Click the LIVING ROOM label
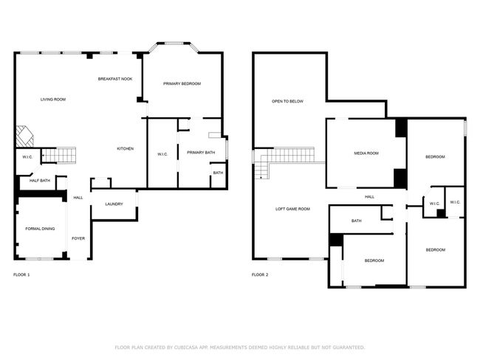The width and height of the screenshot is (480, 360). [53, 99]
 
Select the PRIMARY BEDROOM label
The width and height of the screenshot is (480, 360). [182, 83]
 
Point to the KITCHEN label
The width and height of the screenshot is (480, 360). [126, 149]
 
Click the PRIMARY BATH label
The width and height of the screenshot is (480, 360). [201, 153]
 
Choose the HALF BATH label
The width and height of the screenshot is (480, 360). [40, 181]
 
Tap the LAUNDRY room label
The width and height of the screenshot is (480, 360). [114, 204]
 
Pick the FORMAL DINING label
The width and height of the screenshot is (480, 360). [40, 229]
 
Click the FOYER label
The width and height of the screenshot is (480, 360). [78, 238]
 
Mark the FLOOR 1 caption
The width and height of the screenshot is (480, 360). [22, 274]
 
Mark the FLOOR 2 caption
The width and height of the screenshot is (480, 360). [260, 274]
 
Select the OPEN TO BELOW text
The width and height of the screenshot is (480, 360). [287, 101]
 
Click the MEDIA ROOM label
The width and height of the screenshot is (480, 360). [366, 153]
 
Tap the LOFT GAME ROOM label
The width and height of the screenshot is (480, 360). [292, 210]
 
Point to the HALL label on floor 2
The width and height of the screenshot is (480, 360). [369, 197]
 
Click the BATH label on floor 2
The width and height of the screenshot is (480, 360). [357, 221]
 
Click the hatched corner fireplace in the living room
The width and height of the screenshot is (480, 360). [25, 136]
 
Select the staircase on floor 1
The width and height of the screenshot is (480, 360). [59, 155]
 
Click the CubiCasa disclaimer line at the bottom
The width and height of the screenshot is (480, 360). [239, 347]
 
